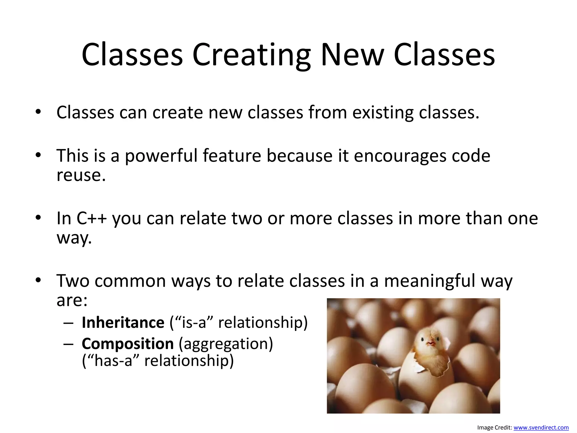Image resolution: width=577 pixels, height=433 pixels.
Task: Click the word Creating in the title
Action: coord(251,55)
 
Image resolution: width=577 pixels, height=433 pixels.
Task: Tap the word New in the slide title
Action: coord(352,55)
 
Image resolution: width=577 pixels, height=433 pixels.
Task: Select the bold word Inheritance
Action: coord(123,322)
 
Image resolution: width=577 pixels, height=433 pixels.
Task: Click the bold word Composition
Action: coord(128,344)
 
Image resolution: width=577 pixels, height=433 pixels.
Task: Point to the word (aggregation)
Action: coord(226,344)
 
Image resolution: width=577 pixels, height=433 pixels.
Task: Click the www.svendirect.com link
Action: coord(541,428)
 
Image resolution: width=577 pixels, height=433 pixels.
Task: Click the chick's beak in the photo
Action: coord(430,343)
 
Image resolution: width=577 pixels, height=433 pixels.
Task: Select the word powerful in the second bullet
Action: coord(161,156)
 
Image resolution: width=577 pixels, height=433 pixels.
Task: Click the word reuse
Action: coord(81,175)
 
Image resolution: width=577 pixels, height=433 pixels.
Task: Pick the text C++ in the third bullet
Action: coord(92,218)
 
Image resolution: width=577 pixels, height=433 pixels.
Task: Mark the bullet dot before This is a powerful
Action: coord(38,155)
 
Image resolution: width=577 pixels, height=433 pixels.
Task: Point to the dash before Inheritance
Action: coord(68,323)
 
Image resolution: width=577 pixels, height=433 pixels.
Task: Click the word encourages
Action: coord(400,156)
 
